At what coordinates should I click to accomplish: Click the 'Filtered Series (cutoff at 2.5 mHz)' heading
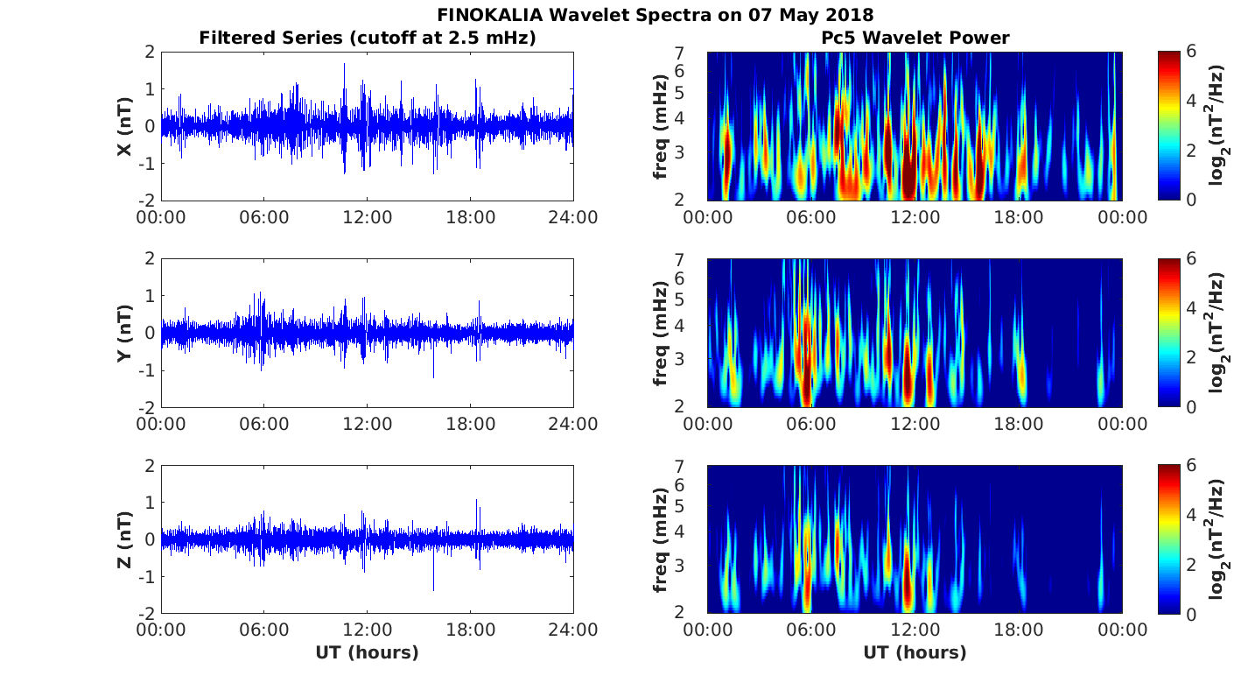367,38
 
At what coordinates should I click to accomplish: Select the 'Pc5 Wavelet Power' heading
915,38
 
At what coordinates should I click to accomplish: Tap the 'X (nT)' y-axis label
125,127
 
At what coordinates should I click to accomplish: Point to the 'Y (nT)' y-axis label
125,334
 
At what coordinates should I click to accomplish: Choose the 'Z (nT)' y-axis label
125,540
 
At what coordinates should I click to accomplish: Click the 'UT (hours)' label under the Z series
367,652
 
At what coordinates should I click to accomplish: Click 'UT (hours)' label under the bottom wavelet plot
915,652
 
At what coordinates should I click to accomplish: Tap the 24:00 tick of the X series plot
573,217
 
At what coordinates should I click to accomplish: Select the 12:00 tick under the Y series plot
367,424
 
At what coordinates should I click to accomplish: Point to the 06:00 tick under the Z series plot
264,630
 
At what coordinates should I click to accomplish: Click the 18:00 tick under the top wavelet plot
1019,217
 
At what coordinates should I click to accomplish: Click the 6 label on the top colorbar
1194,53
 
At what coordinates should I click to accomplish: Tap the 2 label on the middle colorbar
1194,357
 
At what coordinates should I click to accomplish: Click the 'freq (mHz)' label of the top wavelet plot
661,127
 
